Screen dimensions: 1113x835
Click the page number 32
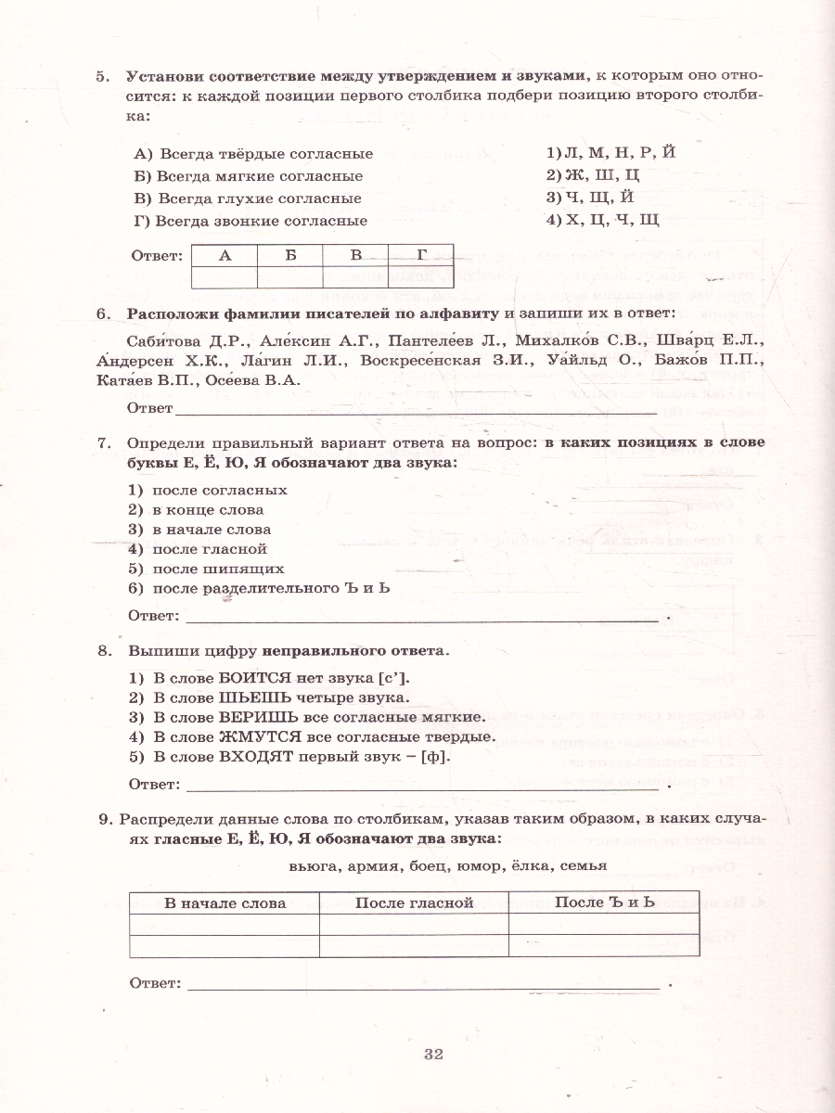(434, 1054)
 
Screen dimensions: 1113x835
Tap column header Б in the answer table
(289, 256)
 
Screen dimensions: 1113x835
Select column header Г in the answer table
(422, 256)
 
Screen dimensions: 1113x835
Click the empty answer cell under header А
(224, 276)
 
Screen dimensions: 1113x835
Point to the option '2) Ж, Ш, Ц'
(593, 174)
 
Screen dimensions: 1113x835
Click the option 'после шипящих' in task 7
(218, 569)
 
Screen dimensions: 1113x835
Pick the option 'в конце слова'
(208, 509)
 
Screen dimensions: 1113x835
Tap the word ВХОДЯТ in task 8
(254, 756)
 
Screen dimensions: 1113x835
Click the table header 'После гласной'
(415, 902)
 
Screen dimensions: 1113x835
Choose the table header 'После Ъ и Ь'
(604, 902)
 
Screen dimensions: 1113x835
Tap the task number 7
(104, 442)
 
